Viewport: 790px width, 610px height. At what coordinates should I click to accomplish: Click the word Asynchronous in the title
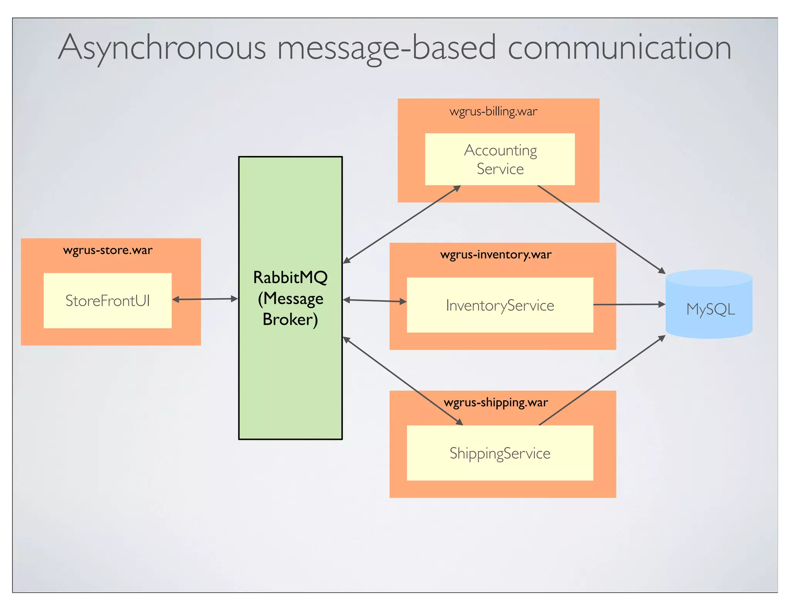tap(162, 48)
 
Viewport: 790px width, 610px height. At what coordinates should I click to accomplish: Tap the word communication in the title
tap(619, 48)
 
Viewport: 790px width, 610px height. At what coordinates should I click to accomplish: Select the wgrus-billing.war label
tap(493, 111)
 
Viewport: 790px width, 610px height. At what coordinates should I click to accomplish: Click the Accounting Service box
tap(500, 159)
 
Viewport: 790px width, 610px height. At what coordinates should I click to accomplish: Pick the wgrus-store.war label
tap(108, 250)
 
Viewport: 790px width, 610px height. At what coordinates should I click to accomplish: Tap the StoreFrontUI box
tap(108, 301)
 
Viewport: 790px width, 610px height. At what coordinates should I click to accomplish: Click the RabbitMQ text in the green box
tap(290, 277)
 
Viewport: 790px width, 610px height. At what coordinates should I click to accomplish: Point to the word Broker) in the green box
tap(290, 319)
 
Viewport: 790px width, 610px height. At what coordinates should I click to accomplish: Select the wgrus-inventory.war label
tap(496, 254)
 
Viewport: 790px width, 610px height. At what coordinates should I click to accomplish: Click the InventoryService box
tap(500, 305)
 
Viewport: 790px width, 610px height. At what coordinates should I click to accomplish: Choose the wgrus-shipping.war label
tap(496, 403)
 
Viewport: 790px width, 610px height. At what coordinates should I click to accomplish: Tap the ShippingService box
tap(500, 453)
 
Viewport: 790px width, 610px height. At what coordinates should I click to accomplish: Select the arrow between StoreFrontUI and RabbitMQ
tap(205, 299)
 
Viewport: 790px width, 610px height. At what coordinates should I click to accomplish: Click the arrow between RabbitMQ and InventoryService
tap(375, 301)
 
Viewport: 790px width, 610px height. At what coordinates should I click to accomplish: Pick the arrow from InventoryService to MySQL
tap(629, 305)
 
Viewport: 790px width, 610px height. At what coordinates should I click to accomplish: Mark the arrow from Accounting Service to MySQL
tap(602, 229)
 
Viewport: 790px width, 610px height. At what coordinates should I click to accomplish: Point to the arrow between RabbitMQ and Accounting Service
tap(401, 224)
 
